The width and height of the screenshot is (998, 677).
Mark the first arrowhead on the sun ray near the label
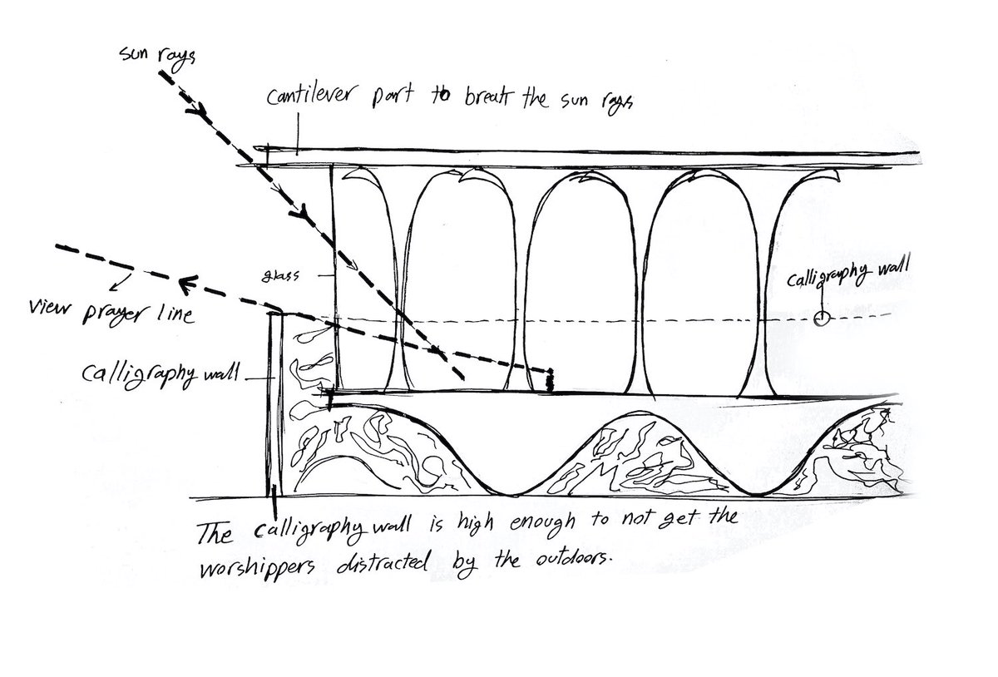coord(196,109)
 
